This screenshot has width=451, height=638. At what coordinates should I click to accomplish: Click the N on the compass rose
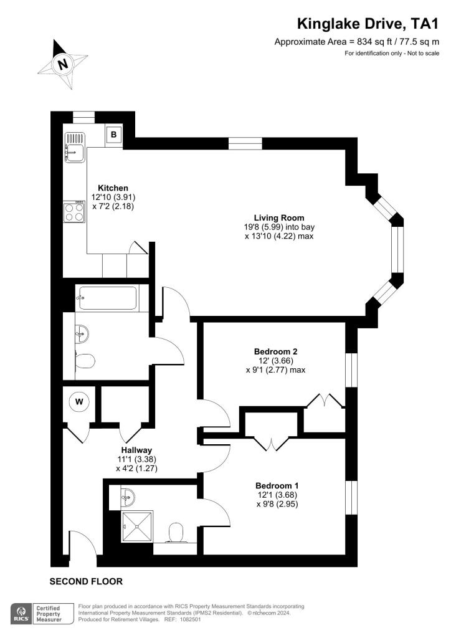[63, 64]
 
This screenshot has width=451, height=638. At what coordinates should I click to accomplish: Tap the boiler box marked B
[114, 134]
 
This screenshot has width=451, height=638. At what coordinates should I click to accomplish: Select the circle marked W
[79, 402]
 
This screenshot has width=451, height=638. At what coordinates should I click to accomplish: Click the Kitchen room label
[113, 188]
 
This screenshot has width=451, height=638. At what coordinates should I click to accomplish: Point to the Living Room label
[279, 217]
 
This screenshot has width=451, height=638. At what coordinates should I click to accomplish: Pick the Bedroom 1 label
[277, 485]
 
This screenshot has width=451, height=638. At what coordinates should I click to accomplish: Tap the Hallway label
[136, 450]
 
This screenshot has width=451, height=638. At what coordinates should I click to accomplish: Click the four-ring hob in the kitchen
[74, 212]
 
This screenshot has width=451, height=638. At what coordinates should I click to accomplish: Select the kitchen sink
[74, 147]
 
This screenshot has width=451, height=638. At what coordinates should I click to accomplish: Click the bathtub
[107, 298]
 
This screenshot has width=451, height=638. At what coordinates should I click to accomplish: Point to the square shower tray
[138, 526]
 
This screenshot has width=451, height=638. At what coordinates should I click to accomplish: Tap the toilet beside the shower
[176, 533]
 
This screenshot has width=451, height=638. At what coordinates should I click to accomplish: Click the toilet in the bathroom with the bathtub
[85, 361]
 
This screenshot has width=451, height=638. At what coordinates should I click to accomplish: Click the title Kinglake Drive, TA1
[368, 24]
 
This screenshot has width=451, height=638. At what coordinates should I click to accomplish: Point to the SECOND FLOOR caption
[86, 581]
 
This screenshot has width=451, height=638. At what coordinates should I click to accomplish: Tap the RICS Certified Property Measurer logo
[42, 614]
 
